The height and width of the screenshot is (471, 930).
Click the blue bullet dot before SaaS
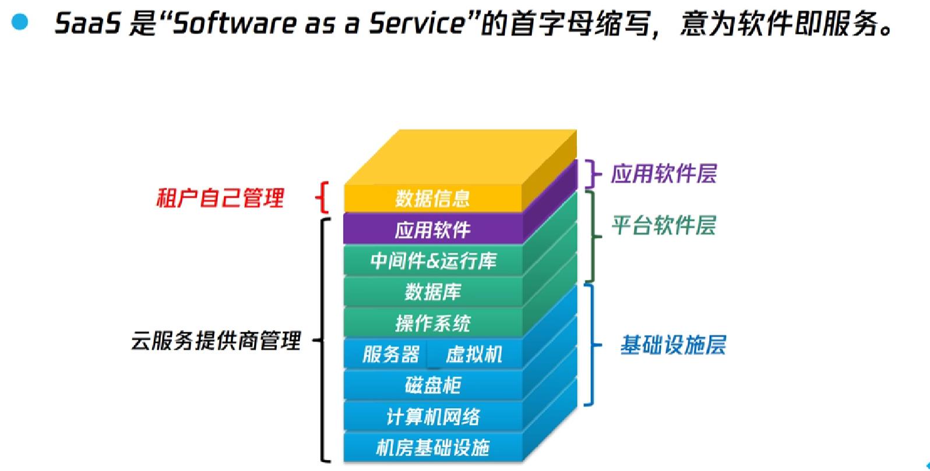point(19,22)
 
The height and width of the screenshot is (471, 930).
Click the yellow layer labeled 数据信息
point(432,199)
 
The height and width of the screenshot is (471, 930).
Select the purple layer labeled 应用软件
point(432,229)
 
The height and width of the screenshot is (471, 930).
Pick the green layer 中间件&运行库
point(432,261)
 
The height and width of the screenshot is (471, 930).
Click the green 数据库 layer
point(432,292)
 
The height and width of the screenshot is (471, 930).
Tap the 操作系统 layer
point(432,323)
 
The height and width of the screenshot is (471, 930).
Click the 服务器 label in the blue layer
point(390,355)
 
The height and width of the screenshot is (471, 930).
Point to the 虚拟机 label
point(474,355)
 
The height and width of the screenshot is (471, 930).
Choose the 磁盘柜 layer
point(432,385)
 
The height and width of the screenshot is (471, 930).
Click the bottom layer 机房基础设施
point(432,448)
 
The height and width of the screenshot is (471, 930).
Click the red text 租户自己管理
point(220,198)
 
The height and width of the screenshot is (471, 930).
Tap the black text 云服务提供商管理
point(216,341)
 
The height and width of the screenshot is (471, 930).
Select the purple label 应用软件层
point(664,173)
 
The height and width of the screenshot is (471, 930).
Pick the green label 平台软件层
point(664,226)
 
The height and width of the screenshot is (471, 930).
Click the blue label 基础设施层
point(673,345)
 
